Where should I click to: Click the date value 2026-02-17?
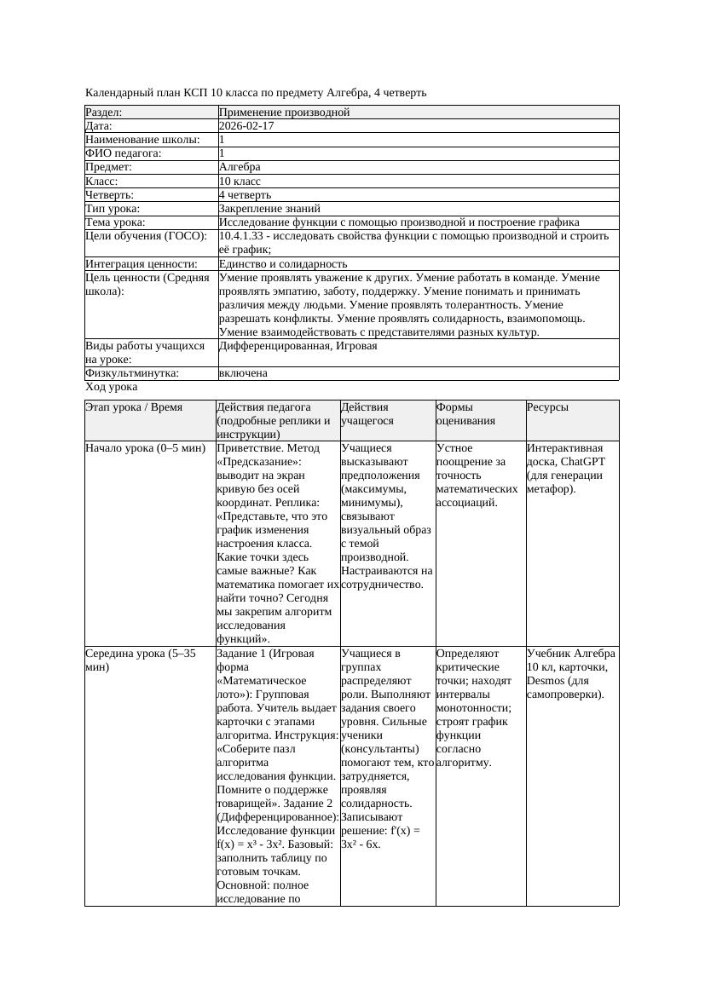[246, 126]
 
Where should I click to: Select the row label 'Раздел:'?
[104, 112]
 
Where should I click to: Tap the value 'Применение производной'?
[284, 112]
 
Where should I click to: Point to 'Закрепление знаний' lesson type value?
[269, 209]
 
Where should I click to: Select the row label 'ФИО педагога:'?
[124, 153]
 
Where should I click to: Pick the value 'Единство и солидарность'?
[283, 264]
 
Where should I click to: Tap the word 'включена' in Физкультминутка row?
[243, 373]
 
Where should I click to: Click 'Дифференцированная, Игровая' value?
[298, 346]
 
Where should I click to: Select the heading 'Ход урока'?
[111, 387]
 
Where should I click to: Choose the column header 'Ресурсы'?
[547, 407]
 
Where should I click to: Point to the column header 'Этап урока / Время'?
[134, 407]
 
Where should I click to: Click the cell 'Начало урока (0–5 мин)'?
[145, 448]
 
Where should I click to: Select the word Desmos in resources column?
[546, 681]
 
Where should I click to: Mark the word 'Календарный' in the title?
[118, 92]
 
